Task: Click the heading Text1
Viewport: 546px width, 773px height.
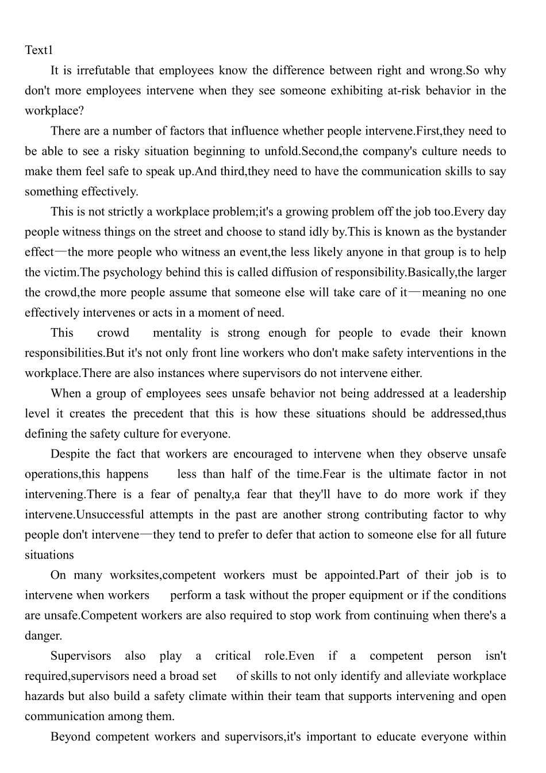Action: tap(39, 51)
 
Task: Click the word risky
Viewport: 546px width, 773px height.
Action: tap(129, 151)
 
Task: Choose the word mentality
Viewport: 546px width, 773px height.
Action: tap(177, 333)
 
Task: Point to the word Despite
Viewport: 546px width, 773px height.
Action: tap(70, 454)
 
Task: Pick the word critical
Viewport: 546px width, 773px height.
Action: tap(233, 656)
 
